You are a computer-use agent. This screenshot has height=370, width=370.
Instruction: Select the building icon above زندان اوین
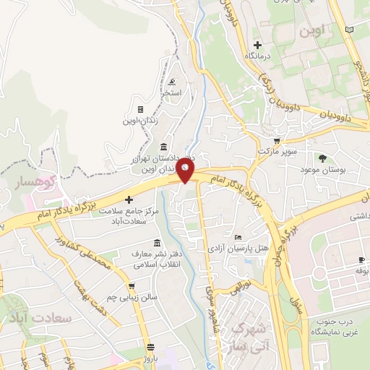pyautogui.click(x=140, y=110)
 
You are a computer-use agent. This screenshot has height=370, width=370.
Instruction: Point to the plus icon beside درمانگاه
pyautogui.click(x=256, y=45)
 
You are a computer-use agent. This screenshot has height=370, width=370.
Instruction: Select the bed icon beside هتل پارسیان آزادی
pyautogui.click(x=238, y=236)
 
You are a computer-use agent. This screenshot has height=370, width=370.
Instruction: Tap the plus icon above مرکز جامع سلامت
pyautogui.click(x=129, y=199)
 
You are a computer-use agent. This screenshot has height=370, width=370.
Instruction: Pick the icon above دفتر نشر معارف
pyautogui.click(x=158, y=244)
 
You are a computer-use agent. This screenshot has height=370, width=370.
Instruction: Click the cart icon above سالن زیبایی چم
pyautogui.click(x=132, y=286)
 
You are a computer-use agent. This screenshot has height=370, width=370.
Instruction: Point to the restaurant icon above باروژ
pyautogui.click(x=150, y=346)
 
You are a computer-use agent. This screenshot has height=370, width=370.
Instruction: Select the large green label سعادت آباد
pyautogui.click(x=31, y=318)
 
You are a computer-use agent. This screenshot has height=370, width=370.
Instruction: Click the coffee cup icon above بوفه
pyautogui.click(x=361, y=260)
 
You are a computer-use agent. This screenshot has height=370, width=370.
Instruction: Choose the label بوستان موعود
pyautogui.click(x=343, y=169)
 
